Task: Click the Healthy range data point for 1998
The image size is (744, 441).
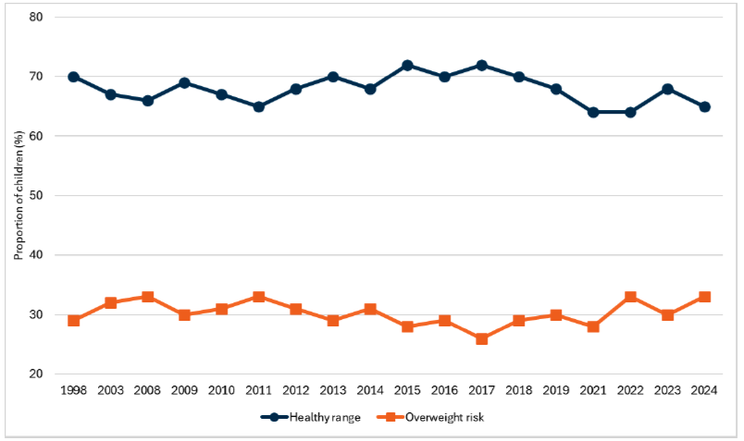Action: click(74, 77)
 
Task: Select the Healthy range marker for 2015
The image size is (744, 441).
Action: click(407, 65)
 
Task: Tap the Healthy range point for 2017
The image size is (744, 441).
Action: click(481, 65)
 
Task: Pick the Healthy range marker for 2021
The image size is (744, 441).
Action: click(593, 112)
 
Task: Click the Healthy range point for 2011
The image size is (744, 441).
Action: click(259, 106)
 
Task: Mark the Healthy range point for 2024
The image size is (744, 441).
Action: click(704, 106)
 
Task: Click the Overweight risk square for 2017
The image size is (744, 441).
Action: click(481, 338)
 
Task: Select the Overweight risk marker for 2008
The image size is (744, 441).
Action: click(148, 297)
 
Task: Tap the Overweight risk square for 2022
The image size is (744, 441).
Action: click(630, 297)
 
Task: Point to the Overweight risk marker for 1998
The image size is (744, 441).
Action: click(74, 321)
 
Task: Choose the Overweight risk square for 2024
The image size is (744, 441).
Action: click(704, 297)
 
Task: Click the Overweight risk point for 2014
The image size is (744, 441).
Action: click(370, 309)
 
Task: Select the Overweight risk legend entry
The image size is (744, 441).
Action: click(435, 417)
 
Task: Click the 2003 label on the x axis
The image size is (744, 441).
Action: click(111, 391)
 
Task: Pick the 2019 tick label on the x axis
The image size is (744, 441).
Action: click(556, 391)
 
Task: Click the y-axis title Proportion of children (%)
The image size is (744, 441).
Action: click(18, 195)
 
